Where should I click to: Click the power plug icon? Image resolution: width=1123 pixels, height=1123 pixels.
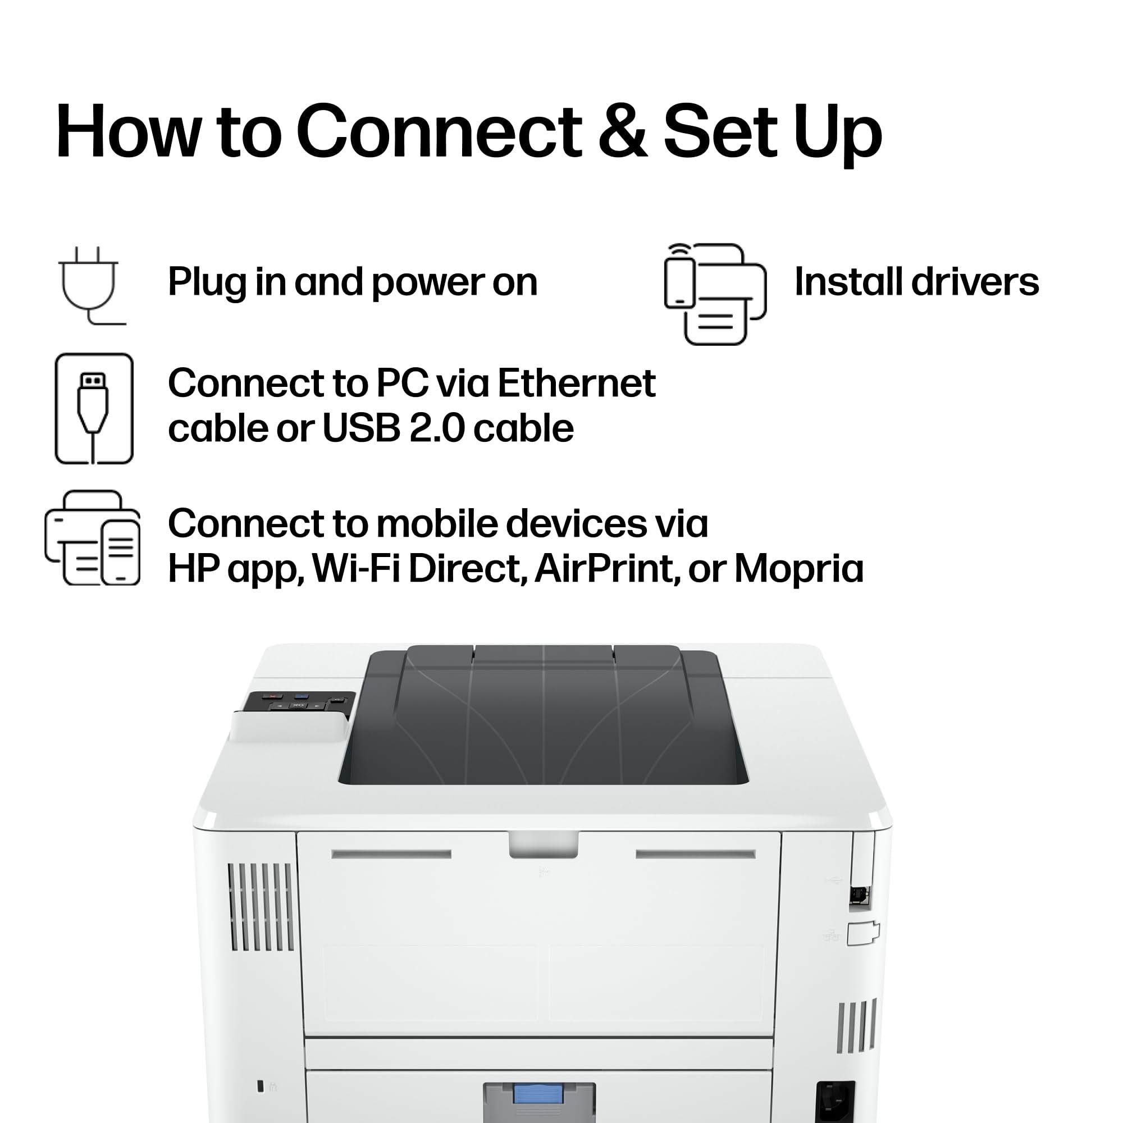[x=92, y=285]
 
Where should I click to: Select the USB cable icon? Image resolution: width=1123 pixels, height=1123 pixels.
[x=94, y=409]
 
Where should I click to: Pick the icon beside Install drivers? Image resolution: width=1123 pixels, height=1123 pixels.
[x=715, y=294]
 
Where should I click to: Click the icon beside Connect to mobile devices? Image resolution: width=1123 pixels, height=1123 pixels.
[x=93, y=538]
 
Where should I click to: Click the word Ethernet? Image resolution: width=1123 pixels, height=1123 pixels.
[x=577, y=384]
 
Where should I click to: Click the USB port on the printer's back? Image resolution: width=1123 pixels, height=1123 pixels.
[x=860, y=895]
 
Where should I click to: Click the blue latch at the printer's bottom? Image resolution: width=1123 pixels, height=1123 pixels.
[x=538, y=1094]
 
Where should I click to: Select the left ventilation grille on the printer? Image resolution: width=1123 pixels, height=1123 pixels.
[x=261, y=907]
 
